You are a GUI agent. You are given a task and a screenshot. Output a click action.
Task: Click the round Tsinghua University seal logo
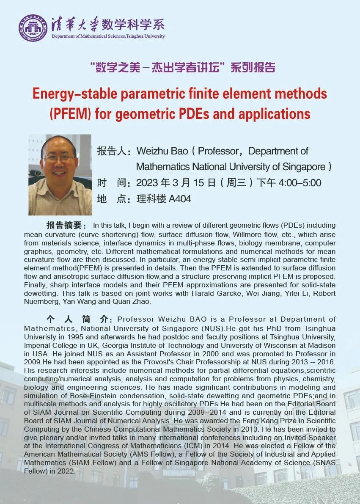pos(32,28)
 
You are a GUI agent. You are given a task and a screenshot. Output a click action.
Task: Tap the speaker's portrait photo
pos(60,175)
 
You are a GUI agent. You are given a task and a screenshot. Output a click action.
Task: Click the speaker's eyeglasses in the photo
pos(59,158)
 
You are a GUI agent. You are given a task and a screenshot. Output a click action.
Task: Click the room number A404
pos(180,198)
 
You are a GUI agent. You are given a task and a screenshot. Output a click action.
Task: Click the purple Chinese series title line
pos(182,67)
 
